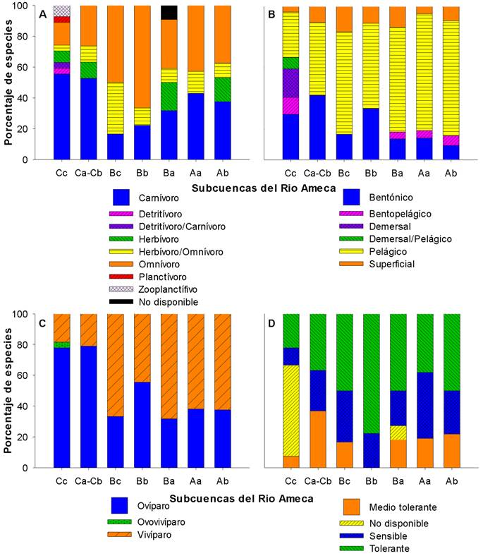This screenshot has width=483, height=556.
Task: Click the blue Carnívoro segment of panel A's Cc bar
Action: (x=62, y=116)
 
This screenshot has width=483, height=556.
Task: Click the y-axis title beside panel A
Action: (x=9, y=81)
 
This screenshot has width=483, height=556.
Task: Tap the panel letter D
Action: (x=271, y=322)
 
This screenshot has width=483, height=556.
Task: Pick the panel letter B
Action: (x=271, y=14)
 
